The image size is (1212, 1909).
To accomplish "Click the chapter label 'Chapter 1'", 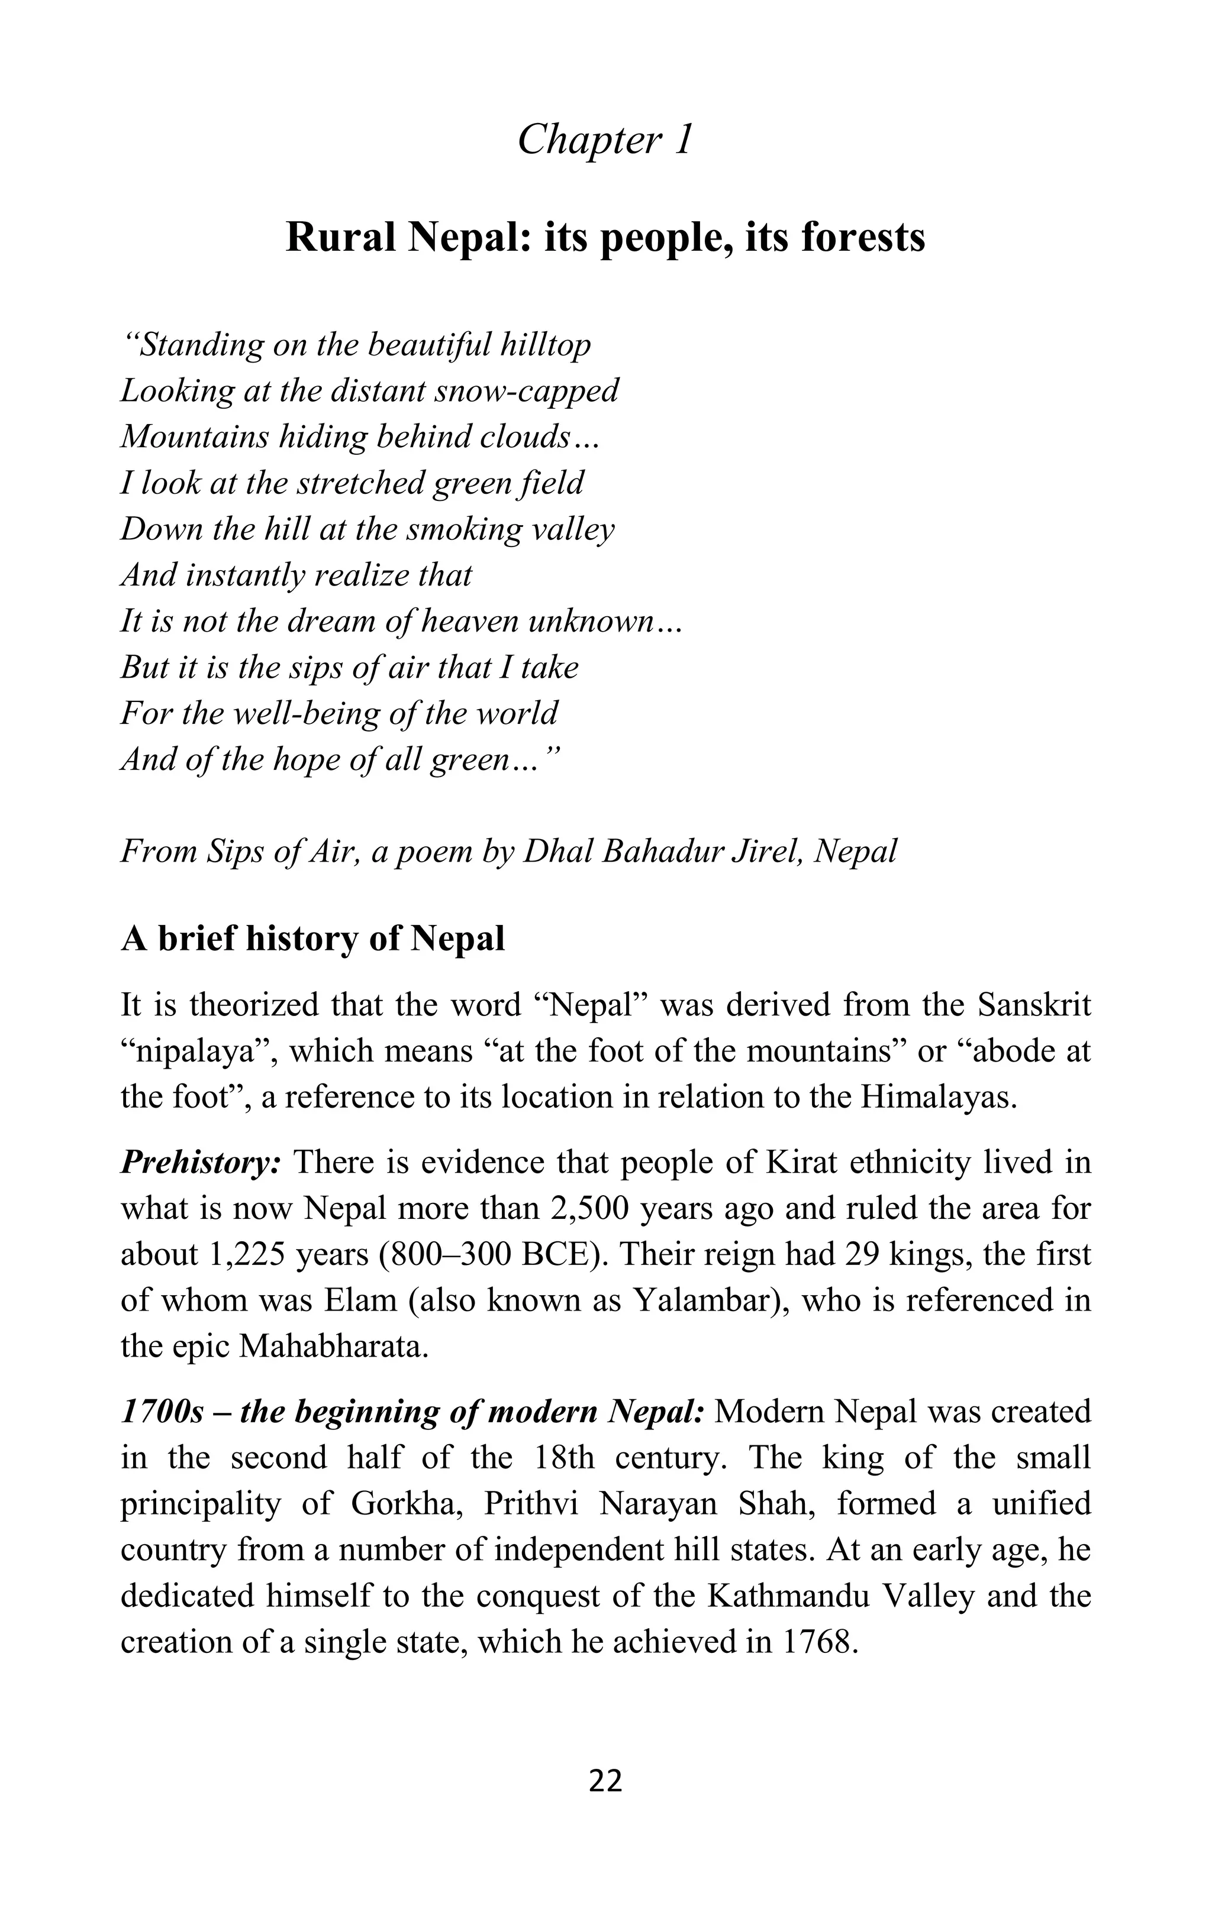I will point(605,140).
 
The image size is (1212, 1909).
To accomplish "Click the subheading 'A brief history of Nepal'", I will point(312,940).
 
